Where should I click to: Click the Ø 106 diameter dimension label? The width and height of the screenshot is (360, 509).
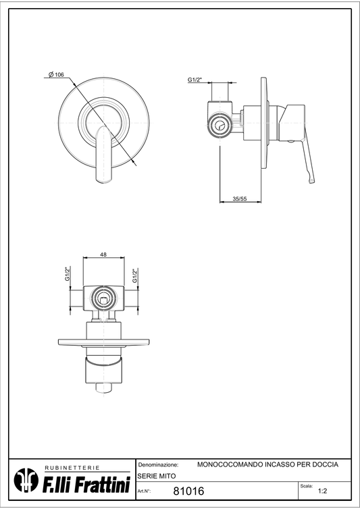(x=56, y=75)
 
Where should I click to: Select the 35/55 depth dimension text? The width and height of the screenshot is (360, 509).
(x=240, y=198)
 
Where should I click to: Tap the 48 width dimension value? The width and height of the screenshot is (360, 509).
(x=103, y=254)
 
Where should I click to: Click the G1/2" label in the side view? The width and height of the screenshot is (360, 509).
(x=195, y=80)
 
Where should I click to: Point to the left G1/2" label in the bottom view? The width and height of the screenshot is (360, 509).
(x=68, y=275)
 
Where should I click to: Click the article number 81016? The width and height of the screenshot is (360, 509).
(x=188, y=491)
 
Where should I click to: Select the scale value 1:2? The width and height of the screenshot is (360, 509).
(x=322, y=491)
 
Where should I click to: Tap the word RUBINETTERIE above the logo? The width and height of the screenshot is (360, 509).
(x=72, y=468)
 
